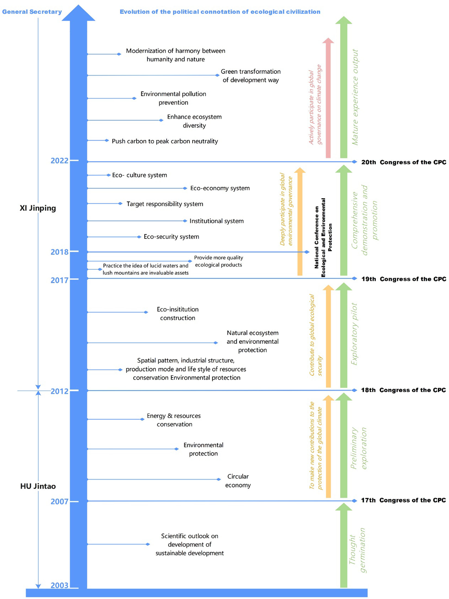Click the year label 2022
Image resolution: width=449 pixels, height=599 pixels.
click(59, 161)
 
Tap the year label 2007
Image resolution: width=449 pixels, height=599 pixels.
click(59, 501)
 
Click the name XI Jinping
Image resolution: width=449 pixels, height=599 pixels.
click(38, 208)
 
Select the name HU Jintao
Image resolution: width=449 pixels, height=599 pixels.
click(38, 486)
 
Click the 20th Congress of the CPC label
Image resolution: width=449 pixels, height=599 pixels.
click(404, 162)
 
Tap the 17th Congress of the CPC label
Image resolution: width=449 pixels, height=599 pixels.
click(403, 500)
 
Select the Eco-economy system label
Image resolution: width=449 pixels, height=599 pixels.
click(220, 188)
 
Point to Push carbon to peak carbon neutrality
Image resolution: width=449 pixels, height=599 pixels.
click(165, 141)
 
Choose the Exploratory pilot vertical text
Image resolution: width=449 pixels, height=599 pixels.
click(354, 334)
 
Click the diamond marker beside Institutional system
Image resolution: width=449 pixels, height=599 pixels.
click(185, 221)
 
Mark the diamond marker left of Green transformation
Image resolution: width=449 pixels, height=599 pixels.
click(217, 75)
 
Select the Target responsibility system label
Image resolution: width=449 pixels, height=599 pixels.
click(165, 204)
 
